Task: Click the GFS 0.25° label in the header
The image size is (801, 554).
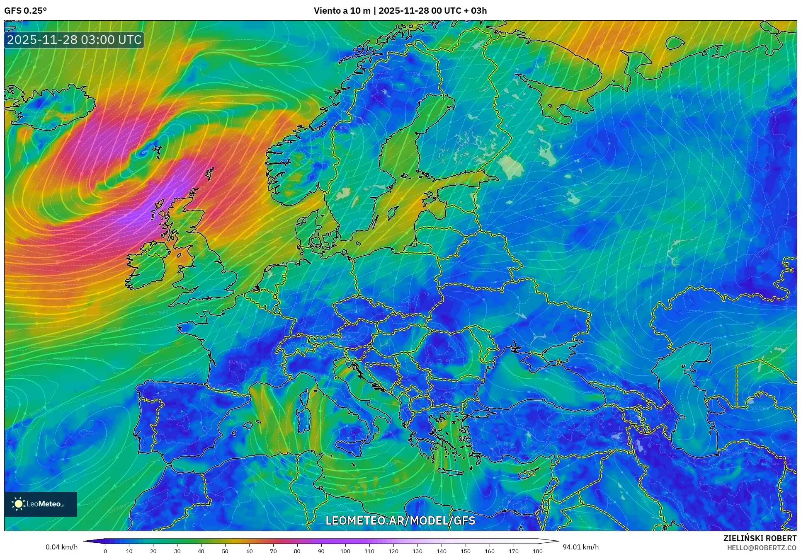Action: click(x=25, y=11)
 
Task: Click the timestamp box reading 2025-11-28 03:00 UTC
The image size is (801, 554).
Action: click(x=75, y=40)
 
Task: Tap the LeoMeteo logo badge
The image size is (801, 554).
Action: click(x=41, y=504)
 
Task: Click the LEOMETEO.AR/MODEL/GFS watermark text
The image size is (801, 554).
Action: click(x=400, y=520)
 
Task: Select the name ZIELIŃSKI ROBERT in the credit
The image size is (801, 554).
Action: click(x=760, y=538)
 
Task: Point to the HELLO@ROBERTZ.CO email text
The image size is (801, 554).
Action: click(x=762, y=548)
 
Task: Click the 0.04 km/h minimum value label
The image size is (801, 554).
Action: click(x=61, y=547)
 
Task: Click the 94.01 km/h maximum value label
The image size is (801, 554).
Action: click(x=580, y=547)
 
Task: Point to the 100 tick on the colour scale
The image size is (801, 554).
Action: click(x=345, y=551)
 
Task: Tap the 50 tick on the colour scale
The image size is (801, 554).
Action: click(x=225, y=551)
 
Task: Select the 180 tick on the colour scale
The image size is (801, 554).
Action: click(x=537, y=551)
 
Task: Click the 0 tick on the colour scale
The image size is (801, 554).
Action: click(x=105, y=551)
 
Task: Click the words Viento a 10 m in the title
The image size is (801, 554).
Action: click(x=342, y=11)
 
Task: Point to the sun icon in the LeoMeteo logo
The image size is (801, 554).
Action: click(x=19, y=504)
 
